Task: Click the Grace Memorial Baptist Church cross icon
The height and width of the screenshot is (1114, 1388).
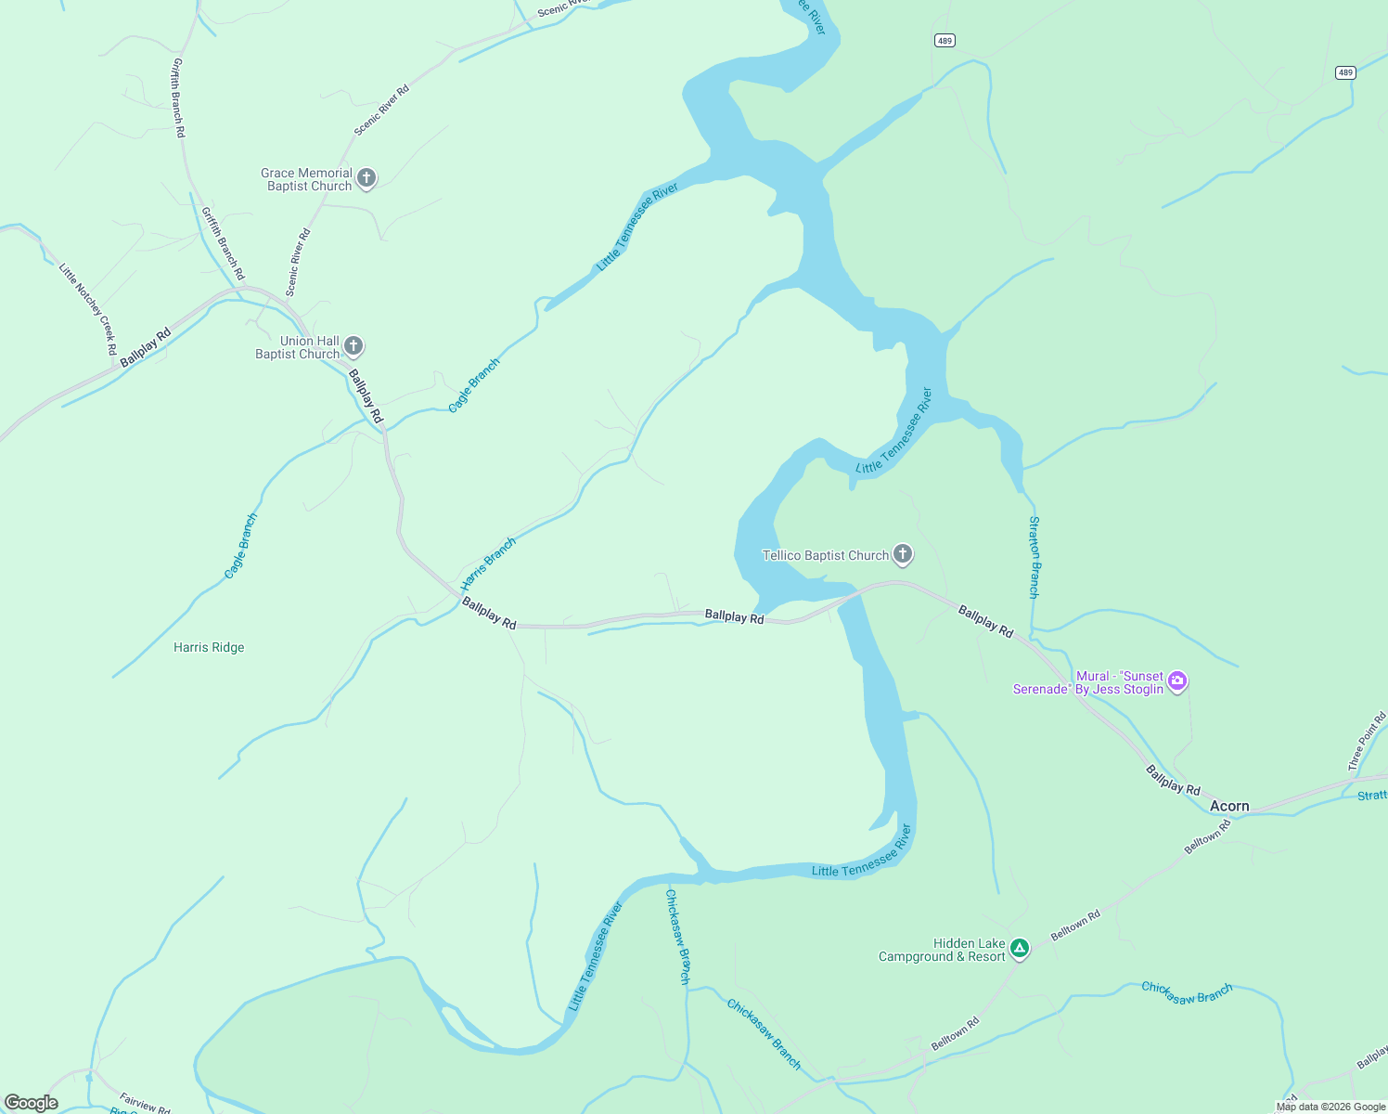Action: click(366, 178)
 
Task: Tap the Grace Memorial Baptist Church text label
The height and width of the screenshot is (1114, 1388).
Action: click(307, 179)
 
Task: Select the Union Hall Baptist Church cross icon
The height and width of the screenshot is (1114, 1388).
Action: click(353, 346)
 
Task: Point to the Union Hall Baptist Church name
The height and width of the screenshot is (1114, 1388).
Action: click(298, 347)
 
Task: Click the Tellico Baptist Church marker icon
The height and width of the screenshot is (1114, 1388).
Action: click(903, 554)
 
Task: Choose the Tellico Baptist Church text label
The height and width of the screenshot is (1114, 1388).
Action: click(826, 555)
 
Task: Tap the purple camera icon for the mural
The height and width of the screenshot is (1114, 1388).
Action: click(1177, 681)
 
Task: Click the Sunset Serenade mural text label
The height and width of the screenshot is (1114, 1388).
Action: click(1088, 682)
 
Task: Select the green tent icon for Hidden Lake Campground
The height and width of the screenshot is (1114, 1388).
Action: click(1020, 948)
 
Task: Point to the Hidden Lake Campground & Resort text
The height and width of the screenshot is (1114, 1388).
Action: click(942, 950)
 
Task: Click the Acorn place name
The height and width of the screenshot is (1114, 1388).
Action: click(1229, 806)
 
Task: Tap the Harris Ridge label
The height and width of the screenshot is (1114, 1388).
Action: click(209, 647)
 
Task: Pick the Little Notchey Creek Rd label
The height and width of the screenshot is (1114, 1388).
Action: click(88, 309)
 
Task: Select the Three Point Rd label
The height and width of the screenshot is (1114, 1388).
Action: click(1367, 741)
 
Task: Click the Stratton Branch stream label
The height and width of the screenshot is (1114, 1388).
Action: click(1035, 557)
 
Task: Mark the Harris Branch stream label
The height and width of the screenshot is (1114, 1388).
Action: click(488, 563)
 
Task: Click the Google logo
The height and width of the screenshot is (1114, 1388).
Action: click(32, 1103)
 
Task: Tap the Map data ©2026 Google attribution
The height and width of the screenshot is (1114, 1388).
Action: click(1330, 1107)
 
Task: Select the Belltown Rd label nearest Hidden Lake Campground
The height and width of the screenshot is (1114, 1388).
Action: click(1075, 925)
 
